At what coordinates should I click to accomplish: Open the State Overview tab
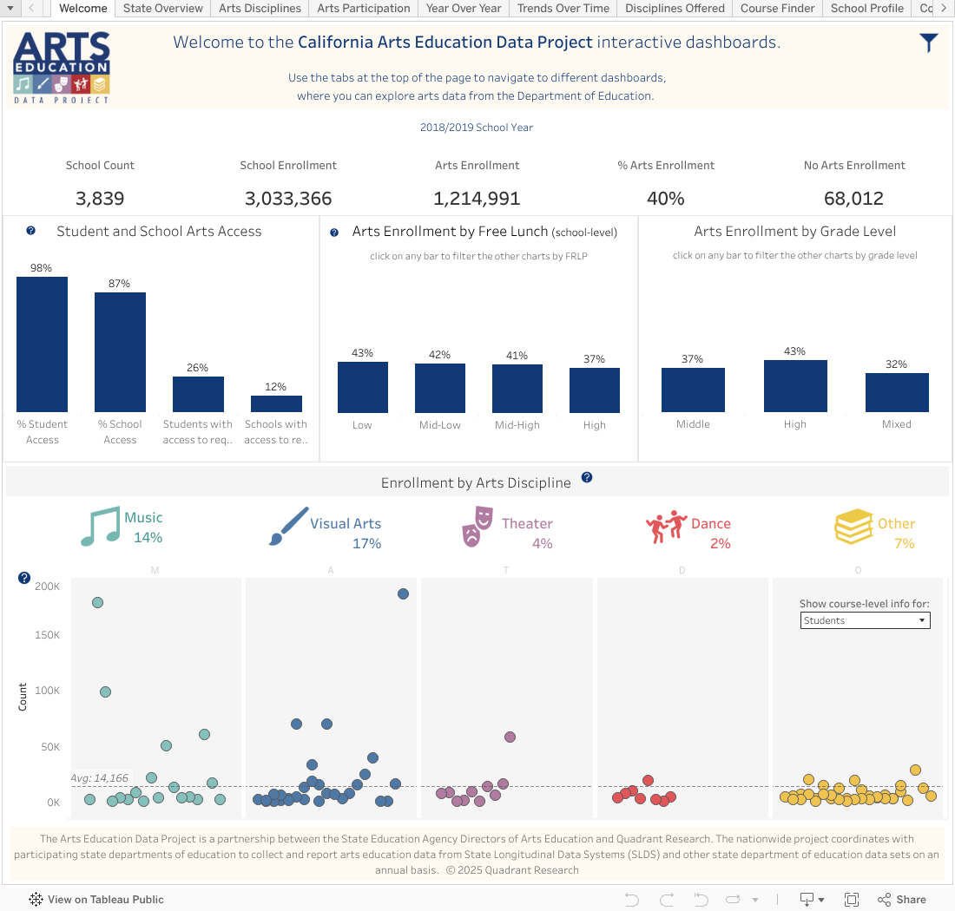(162, 9)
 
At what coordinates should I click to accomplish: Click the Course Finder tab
(777, 9)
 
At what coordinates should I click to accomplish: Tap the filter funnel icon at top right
(929, 43)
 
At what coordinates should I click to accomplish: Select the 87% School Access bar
(120, 351)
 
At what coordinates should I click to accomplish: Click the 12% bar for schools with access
(276, 403)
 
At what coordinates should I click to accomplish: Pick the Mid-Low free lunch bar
(439, 387)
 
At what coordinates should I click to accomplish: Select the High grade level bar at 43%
(795, 385)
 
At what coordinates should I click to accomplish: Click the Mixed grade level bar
(897, 392)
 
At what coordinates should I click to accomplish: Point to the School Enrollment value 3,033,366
(288, 199)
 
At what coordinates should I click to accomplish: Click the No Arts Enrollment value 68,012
(853, 199)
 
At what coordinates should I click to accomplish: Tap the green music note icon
(98, 527)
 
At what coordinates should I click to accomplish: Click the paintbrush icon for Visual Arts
(287, 527)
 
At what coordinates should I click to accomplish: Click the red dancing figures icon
(666, 527)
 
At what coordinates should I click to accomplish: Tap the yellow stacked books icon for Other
(853, 527)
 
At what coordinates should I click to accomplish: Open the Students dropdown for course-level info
(865, 620)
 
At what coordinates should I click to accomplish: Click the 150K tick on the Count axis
(47, 635)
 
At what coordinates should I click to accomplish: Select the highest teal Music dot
(97, 602)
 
